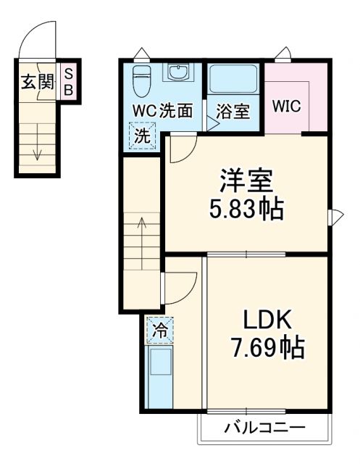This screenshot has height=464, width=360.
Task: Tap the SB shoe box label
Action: pyautogui.click(x=69, y=82)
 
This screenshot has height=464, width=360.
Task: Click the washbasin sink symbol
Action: pyautogui.click(x=177, y=73)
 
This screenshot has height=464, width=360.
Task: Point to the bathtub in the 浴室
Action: pyautogui.click(x=234, y=78)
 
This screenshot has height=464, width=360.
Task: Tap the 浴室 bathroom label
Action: pyautogui.click(x=233, y=112)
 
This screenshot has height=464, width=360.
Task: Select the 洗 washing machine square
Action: pyautogui.click(x=143, y=135)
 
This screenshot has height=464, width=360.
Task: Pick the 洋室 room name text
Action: pyautogui.click(x=248, y=181)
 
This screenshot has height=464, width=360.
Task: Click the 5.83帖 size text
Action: pyautogui.click(x=246, y=211)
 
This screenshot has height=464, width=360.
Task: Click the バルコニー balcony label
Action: pyautogui.click(x=264, y=428)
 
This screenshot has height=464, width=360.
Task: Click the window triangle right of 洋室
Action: pyautogui.click(x=335, y=216)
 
